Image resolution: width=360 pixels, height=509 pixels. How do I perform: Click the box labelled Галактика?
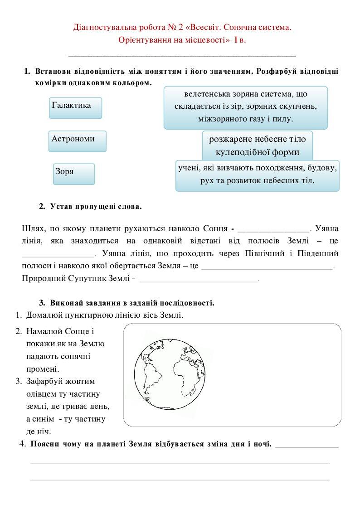[x=76, y=107]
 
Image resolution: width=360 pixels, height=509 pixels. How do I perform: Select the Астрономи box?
[x=77, y=141]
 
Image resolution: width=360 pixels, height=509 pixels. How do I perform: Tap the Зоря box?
[x=74, y=174]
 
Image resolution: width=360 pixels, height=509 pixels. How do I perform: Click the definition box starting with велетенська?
[x=245, y=107]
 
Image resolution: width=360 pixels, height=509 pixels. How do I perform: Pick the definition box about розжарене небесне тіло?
[x=257, y=145]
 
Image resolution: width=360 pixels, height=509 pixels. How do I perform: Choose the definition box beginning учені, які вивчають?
[x=257, y=175]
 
